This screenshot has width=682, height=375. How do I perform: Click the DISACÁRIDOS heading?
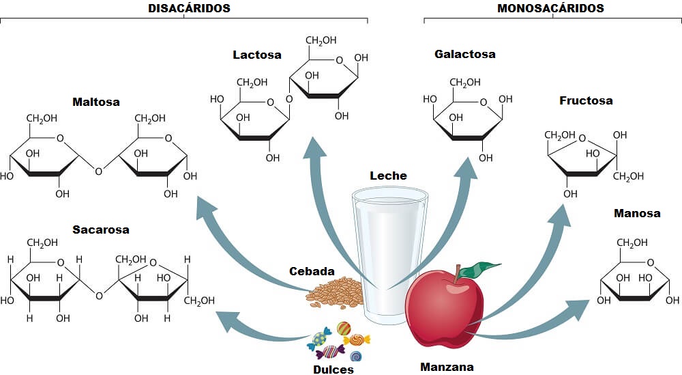pyautogui.click(x=189, y=8)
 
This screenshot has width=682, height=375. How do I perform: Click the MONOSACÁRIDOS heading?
pyautogui.click(x=551, y=8)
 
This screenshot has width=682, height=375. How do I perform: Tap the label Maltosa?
pyautogui.click(x=96, y=102)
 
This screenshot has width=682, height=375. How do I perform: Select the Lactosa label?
pyautogui.click(x=256, y=55)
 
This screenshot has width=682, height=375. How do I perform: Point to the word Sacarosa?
pyautogui.click(x=100, y=230)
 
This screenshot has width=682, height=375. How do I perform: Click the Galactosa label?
pyautogui.click(x=465, y=54)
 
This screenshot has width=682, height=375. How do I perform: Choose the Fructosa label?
pyautogui.click(x=586, y=100)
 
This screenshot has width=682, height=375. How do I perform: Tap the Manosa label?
pyautogui.click(x=637, y=213)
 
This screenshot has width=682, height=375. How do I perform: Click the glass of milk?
pyautogui.click(x=389, y=253)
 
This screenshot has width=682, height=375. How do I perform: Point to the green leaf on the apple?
pyautogui.click(x=484, y=267)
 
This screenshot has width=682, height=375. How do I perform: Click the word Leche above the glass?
pyautogui.click(x=388, y=176)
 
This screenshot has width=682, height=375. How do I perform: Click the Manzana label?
pyautogui.click(x=447, y=367)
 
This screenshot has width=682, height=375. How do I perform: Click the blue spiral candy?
pyautogui.click(x=355, y=356)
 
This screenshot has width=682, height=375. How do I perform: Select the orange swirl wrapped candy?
pyautogui.click(x=357, y=339)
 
